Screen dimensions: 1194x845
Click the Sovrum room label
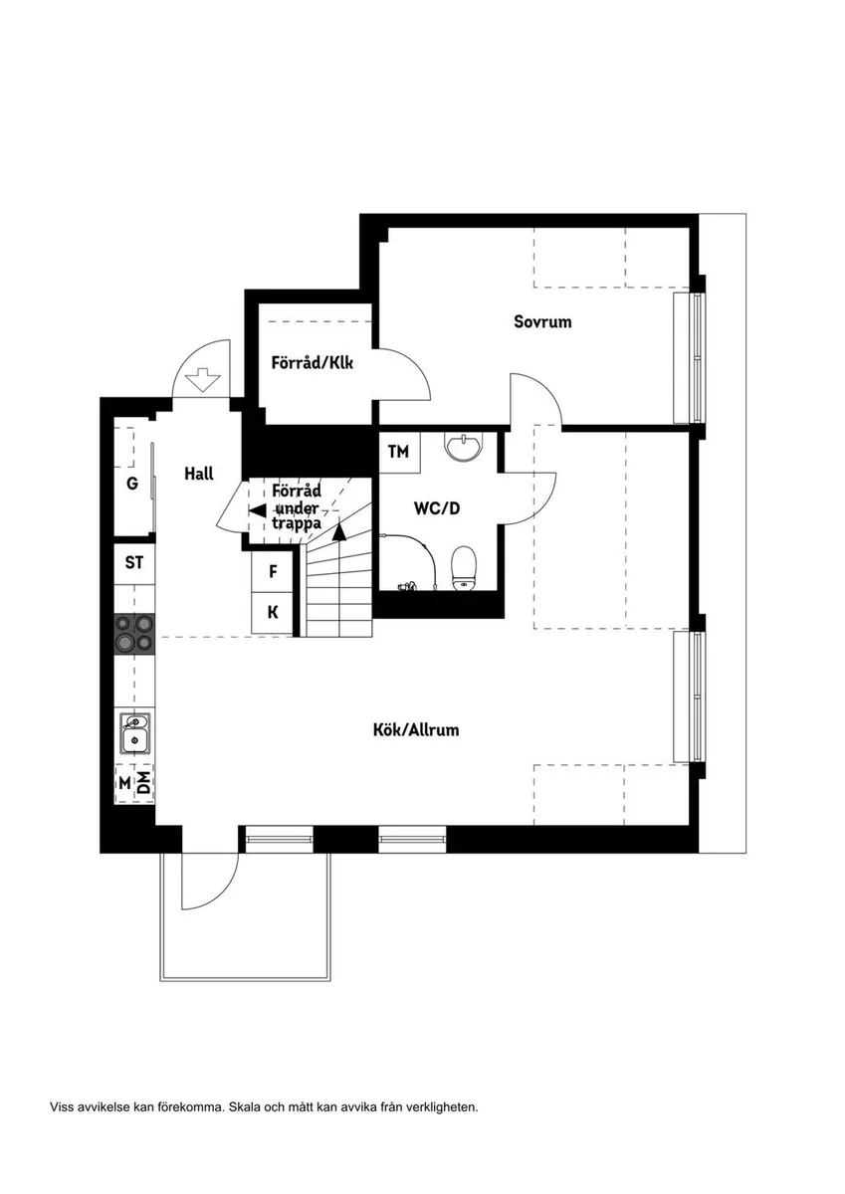tap(542, 321)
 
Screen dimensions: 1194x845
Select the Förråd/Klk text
tap(313, 362)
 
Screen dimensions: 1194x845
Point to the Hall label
tap(199, 475)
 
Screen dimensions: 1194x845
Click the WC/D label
tap(437, 507)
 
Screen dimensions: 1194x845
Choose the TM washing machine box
tap(398, 452)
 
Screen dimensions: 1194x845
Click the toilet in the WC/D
tap(462, 568)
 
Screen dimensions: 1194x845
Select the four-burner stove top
tap(134, 632)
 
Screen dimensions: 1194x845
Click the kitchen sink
tap(133, 734)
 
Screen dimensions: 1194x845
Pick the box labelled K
tap(272, 612)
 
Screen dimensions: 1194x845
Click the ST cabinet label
tap(133, 562)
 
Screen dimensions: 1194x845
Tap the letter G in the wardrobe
tap(130, 485)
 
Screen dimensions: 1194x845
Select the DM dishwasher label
tap(144, 783)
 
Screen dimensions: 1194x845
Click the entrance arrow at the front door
tap(203, 379)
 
